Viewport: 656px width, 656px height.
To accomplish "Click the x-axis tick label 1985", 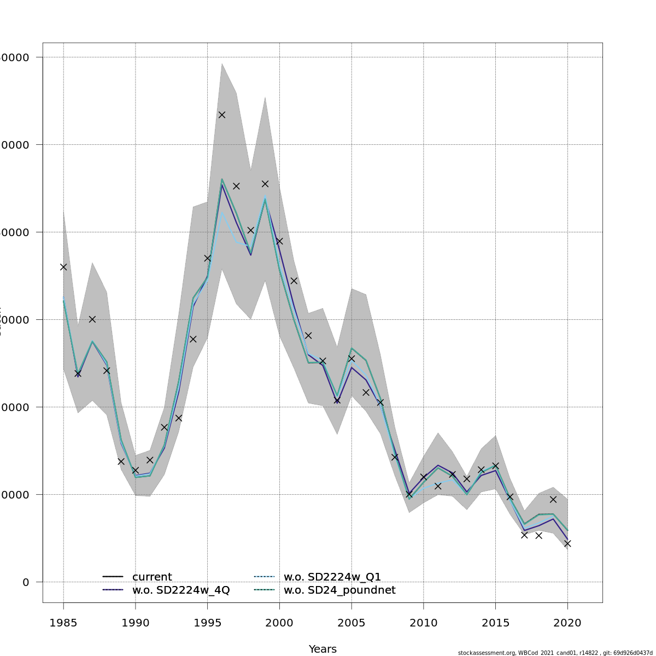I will [63, 623].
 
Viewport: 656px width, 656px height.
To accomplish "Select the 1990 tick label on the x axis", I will [136, 623].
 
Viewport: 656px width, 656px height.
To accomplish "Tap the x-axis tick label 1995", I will [208, 623].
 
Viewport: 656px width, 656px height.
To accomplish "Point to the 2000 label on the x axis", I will [279, 623].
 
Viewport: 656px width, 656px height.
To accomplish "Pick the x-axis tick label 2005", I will [352, 623].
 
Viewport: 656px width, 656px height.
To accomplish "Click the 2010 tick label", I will [424, 623].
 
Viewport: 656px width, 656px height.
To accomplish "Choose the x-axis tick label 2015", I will [495, 623].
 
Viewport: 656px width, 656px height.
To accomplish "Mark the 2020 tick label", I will [567, 623].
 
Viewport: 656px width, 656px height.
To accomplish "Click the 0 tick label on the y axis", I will [26, 582].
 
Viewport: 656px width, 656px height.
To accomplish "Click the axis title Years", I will [323, 649].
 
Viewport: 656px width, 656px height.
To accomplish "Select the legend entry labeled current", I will [152, 577].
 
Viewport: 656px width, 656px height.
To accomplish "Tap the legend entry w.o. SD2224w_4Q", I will [180, 590].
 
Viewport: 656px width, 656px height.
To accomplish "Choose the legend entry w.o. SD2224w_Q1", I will [332, 577].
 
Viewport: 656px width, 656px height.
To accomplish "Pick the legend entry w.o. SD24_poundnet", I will [339, 590].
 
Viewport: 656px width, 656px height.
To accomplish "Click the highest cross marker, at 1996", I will [222, 115].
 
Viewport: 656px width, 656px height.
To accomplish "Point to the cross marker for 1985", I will [63, 267].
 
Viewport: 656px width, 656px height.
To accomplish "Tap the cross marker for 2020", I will [567, 543].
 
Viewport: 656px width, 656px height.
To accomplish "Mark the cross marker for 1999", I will [265, 184].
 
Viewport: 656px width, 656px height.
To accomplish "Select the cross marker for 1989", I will [121, 461].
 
